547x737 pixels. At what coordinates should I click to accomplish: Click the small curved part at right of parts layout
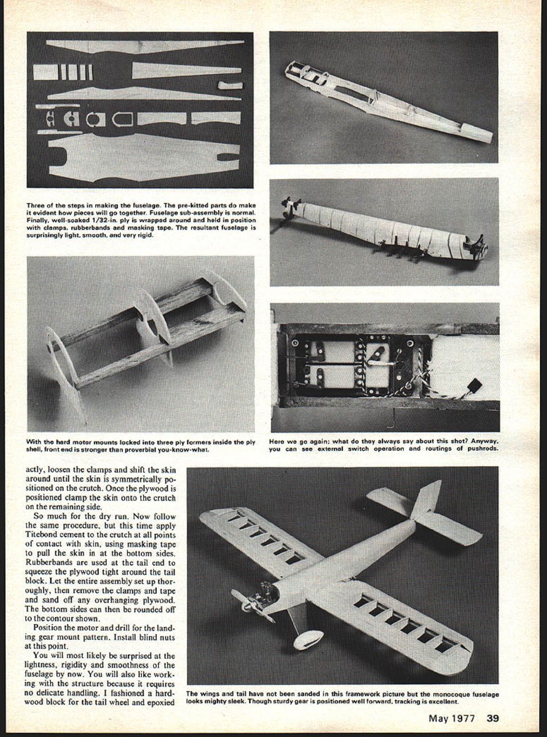point(229,85)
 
